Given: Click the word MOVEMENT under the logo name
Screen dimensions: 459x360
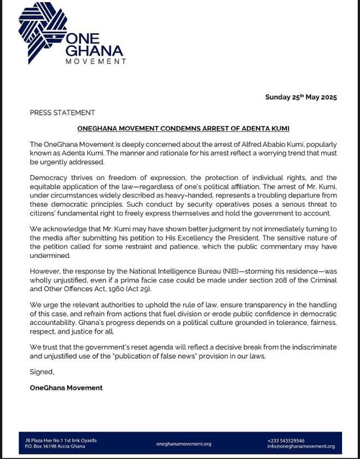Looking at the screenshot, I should pyautogui.click(x=95, y=62).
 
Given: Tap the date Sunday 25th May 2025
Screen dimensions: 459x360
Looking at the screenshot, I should pyautogui.click(x=301, y=97).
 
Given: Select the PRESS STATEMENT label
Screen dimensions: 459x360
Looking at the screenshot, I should pyautogui.click(x=62, y=113).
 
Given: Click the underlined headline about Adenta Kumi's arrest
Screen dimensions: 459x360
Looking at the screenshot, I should pyautogui.click(x=183, y=129).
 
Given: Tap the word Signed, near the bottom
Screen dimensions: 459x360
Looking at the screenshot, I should pyautogui.click(x=42, y=372).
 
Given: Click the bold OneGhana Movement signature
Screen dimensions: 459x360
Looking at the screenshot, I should pyautogui.click(x=66, y=388).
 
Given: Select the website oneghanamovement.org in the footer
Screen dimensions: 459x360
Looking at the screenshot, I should pyautogui.click(x=183, y=444).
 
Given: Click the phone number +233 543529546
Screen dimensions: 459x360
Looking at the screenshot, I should pyautogui.click(x=286, y=440).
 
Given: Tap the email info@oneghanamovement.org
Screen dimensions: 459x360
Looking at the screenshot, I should pyautogui.click(x=301, y=447).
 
